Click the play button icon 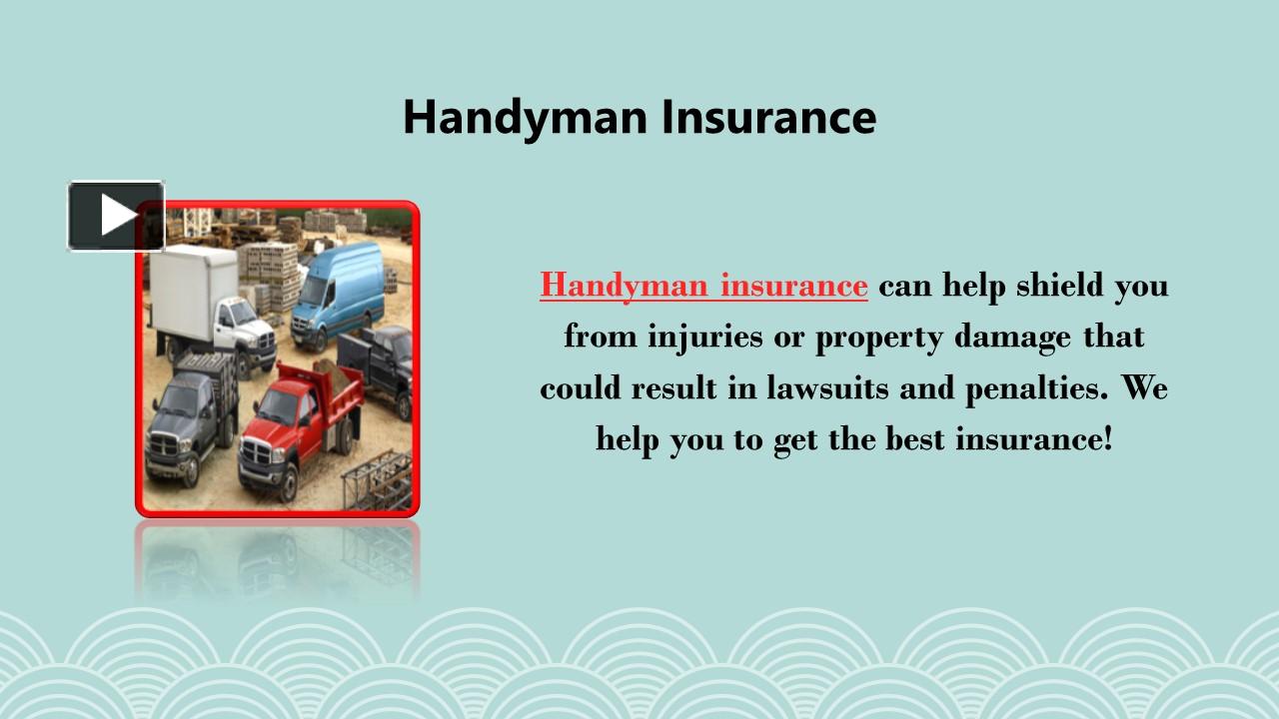pos(116,216)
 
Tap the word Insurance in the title pos(768,117)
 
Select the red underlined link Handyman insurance pos(703,286)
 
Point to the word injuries pos(705,338)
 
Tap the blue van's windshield pos(314,291)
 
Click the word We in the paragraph pos(1145,388)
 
